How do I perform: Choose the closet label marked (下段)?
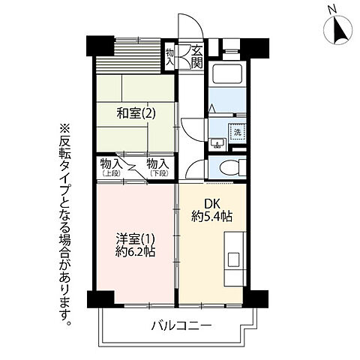(157, 166)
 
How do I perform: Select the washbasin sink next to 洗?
(218, 142)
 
